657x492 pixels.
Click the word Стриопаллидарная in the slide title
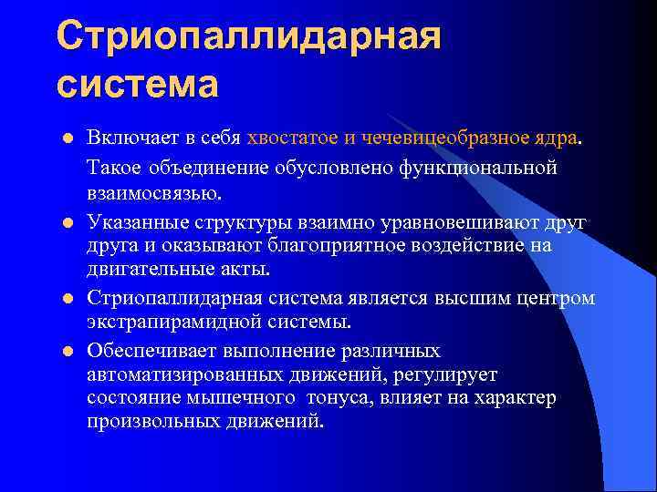tap(248, 36)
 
